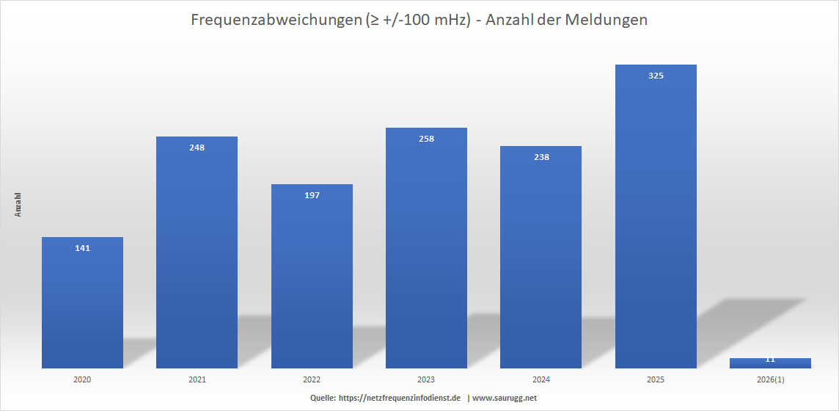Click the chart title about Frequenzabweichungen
pos(419,21)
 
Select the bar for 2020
pos(82,308)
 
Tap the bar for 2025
pos(656,220)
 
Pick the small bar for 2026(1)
pos(770,363)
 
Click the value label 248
pos(197,148)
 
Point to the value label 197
pos(312,195)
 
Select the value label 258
pos(426,139)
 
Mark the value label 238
pos(541,157)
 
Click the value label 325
pos(656,76)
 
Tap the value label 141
pos(82,248)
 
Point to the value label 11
pos(770,360)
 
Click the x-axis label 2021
pos(197,380)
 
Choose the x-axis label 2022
pos(312,380)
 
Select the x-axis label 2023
pos(426,380)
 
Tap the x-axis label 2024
pos(541,380)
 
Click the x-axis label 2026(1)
pos(770,380)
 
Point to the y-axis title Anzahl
pos(18,205)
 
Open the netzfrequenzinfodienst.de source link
pos(399,398)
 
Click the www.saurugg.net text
pos(505,398)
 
